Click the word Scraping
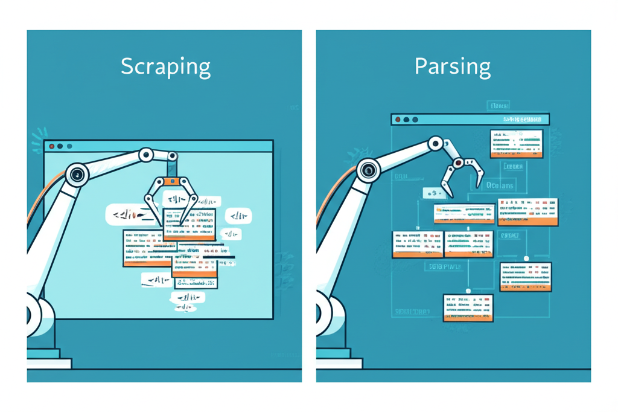coord(165,66)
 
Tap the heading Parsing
coord(453,66)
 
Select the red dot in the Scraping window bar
coord(52,146)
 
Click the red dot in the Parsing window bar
coord(398,120)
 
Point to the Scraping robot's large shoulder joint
coord(77,175)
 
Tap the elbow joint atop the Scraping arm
coord(146,155)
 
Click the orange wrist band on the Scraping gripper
coord(173,181)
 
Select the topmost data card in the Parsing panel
coord(516,144)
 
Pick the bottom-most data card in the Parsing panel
coord(468,307)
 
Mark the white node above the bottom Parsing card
coord(468,291)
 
